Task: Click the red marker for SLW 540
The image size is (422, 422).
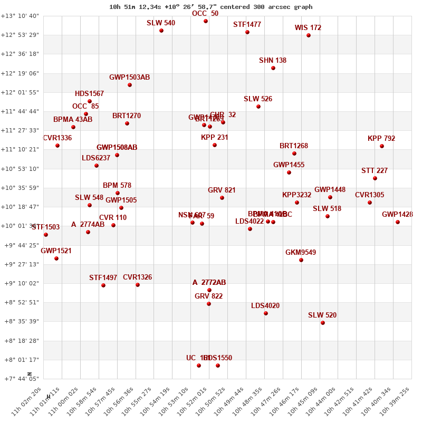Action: (x=161, y=31)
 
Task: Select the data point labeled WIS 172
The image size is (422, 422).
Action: (x=309, y=35)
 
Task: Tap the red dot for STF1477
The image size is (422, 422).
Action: (x=247, y=32)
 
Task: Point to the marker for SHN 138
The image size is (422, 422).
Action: (x=273, y=68)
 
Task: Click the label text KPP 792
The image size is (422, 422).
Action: (x=381, y=139)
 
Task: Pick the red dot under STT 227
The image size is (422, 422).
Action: (x=375, y=178)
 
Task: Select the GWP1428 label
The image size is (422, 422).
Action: (x=397, y=214)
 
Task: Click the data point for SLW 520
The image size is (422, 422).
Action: (x=323, y=323)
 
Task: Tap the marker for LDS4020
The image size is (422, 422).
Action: (x=266, y=313)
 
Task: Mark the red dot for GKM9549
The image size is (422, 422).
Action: (x=301, y=260)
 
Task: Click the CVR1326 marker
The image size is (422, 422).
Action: (x=138, y=285)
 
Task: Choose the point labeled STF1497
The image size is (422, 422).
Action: (x=103, y=285)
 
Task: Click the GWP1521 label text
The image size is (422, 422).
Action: (x=56, y=251)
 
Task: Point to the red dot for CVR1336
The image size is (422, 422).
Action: (x=57, y=146)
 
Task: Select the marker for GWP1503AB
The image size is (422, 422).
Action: (x=130, y=85)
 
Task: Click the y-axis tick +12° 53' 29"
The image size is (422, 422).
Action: (x=20, y=35)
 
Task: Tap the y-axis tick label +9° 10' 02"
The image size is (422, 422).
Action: (x=20, y=283)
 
